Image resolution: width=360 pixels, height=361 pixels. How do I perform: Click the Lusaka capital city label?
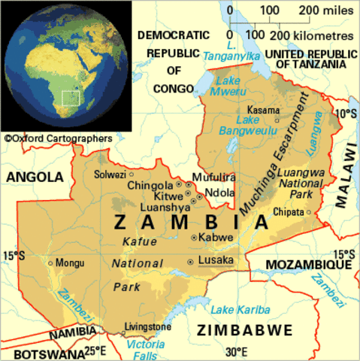point(216,260)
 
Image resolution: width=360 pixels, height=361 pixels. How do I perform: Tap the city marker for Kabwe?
point(194,237)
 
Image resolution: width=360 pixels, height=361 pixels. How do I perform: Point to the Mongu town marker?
point(50,263)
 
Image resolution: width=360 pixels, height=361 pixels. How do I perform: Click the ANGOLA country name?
point(33,177)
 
